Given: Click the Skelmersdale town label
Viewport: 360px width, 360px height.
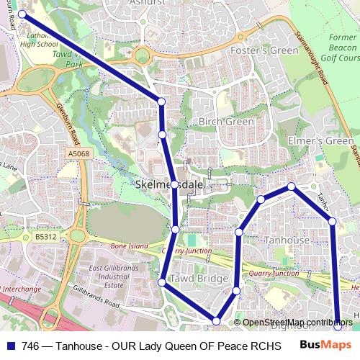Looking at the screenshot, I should click(169, 185).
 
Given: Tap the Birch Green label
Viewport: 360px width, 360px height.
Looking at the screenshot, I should click(226, 122).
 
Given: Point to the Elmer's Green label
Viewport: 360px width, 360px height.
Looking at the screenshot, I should click(320, 141).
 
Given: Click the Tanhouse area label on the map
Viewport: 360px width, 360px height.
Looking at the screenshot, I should click(287, 240).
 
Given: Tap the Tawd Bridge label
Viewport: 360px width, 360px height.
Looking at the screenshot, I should click(193, 279).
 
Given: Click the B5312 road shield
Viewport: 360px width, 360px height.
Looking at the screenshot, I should click(45, 236).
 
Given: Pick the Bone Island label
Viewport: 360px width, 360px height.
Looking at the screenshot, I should click(130, 246).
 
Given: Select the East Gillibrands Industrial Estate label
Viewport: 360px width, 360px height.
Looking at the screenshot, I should click(109, 276).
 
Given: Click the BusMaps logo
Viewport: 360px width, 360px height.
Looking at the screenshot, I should click(326, 345).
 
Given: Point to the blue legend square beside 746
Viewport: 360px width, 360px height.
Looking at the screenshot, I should click(11, 346).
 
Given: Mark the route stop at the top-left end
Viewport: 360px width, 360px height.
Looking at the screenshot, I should click(22, 14).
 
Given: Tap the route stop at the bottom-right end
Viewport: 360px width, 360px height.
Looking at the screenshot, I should click(338, 326).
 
